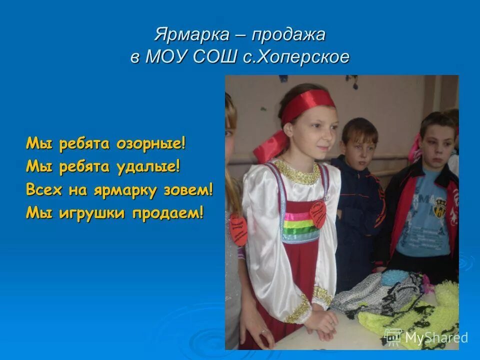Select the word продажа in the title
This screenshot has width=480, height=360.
coord(288,35)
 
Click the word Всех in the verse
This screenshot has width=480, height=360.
coord(42,190)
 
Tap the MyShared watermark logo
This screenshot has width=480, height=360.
coord(426,337)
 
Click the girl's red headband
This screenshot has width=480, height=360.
coord(307,106)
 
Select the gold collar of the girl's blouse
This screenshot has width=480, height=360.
coord(297,172)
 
